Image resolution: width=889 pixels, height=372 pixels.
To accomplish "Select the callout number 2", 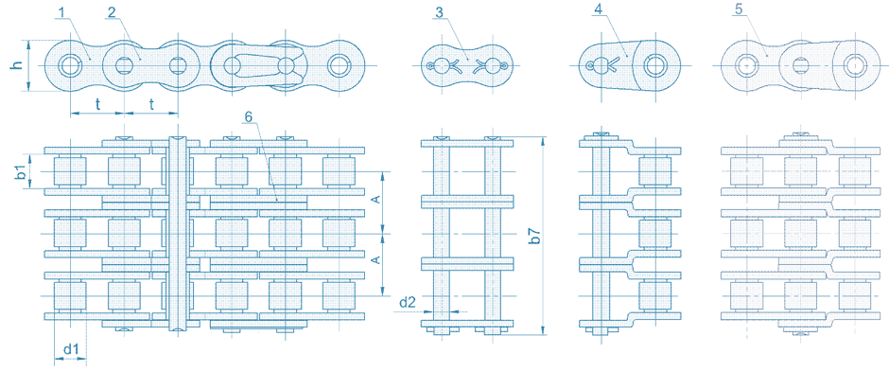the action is tap(112, 11).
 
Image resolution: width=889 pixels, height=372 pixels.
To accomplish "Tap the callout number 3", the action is tap(440, 11).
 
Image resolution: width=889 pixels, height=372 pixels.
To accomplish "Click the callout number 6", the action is tap(249, 116).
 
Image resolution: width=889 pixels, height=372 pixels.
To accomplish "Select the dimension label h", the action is tap(18, 65).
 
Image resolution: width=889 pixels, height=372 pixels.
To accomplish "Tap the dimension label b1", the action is tap(19, 171).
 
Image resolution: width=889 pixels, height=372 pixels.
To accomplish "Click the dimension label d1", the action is tap(70, 349).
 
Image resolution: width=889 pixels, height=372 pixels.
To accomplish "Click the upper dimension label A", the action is tap(375, 200).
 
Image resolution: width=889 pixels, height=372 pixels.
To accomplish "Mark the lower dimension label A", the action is tap(375, 259).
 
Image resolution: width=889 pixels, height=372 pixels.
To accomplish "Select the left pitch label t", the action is tap(98, 104).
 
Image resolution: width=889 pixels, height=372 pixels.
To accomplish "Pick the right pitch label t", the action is tap(151, 104).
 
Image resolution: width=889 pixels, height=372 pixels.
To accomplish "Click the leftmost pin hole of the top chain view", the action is tap(70, 65).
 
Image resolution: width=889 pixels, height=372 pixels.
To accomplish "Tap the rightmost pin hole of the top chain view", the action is tap(339, 65).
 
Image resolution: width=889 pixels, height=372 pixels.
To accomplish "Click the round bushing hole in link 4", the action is tap(655, 64).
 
